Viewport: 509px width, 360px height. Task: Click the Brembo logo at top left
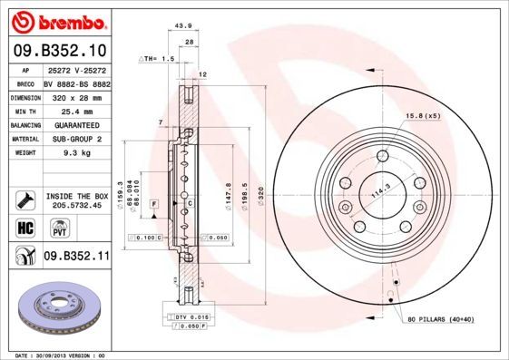pos(56,20)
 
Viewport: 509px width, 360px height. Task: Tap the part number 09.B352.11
pos(77,257)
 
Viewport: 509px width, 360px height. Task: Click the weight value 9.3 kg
pos(74,153)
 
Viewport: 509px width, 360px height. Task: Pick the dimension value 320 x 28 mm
pos(76,95)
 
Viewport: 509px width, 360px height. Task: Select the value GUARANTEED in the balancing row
pos(76,124)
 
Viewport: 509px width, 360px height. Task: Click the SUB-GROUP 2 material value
pos(76,139)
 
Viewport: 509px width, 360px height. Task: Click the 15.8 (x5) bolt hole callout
pos(423,115)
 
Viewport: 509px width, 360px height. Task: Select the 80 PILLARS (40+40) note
pos(441,320)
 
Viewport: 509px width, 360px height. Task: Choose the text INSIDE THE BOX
pos(77,195)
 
